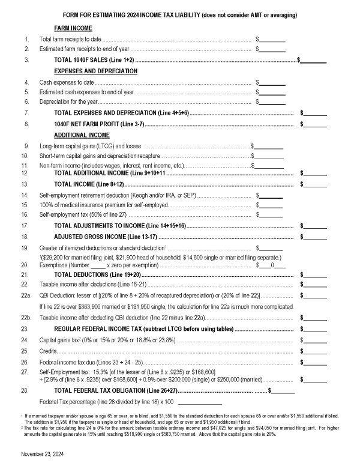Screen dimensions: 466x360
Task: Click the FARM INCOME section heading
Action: point(73,28)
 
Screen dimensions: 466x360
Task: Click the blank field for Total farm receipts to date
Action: point(272,39)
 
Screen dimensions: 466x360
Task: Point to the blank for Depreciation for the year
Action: point(272,102)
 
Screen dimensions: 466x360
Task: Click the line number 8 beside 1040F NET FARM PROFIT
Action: point(26,124)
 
